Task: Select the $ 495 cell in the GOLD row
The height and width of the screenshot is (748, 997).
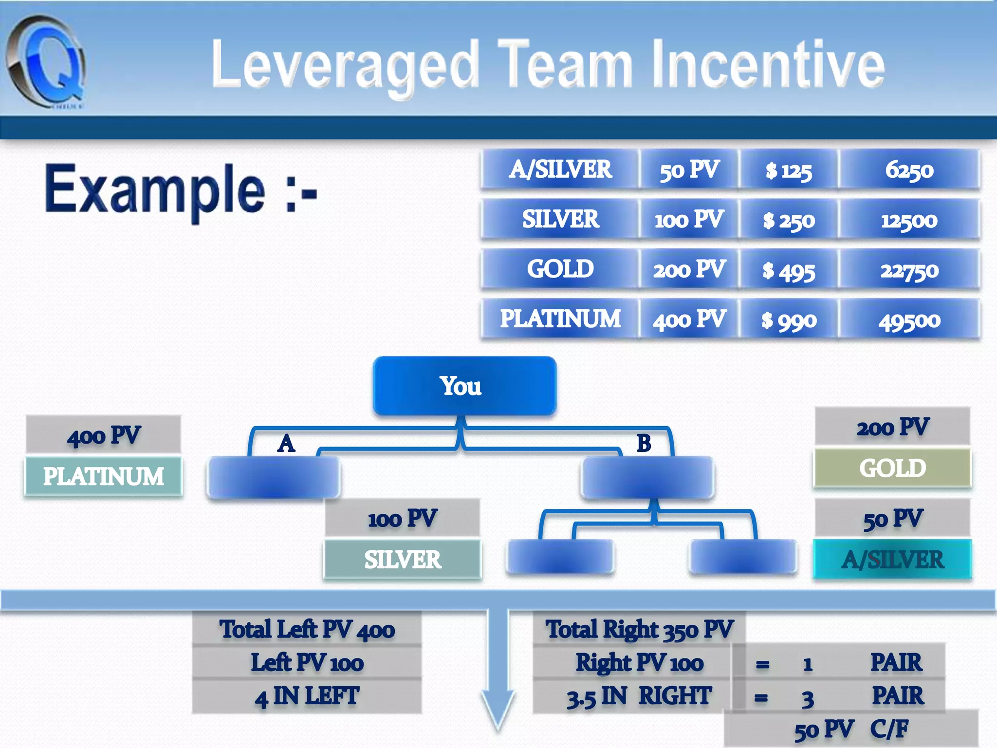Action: click(789, 270)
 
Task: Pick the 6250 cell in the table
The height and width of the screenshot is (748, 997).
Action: click(909, 170)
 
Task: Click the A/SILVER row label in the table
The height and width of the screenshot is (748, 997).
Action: click(560, 169)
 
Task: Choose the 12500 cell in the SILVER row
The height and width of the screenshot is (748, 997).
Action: click(909, 220)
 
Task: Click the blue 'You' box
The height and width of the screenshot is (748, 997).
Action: click(464, 386)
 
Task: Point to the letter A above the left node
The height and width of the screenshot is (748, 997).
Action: click(286, 443)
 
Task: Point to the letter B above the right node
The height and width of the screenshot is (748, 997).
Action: click(644, 443)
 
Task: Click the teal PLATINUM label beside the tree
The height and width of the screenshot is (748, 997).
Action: click(103, 476)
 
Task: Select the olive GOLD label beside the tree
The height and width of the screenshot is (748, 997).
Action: click(892, 468)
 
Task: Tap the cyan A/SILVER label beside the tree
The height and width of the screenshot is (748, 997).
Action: click(892, 559)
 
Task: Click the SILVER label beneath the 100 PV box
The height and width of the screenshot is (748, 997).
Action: click(403, 559)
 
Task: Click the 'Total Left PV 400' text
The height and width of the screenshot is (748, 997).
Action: click(307, 629)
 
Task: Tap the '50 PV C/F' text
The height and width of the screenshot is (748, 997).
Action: click(851, 729)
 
